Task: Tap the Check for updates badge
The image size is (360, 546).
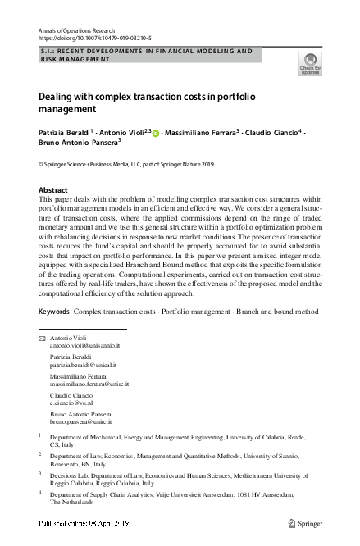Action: click(x=310, y=62)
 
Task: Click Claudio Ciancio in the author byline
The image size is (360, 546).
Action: click(x=271, y=133)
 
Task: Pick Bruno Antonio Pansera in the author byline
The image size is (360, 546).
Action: click(x=77, y=146)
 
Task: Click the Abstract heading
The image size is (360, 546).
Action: click(x=53, y=189)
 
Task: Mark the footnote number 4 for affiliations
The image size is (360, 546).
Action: click(x=40, y=494)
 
